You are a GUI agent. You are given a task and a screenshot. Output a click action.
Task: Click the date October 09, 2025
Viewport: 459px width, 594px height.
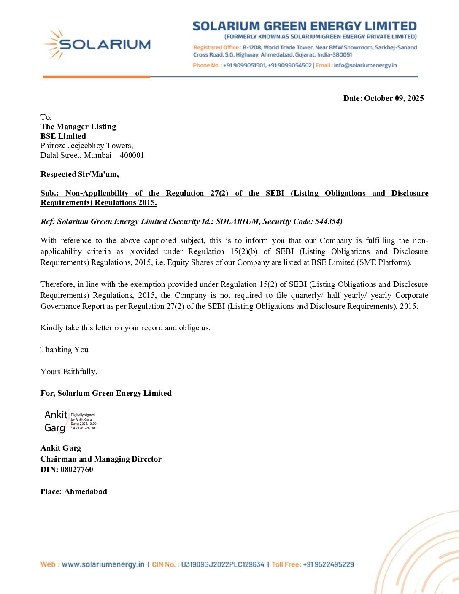point(394,98)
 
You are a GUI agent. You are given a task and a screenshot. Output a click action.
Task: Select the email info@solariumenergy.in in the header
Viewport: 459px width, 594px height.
point(365,65)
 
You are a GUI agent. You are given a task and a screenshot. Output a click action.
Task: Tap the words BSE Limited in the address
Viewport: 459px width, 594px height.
point(63,136)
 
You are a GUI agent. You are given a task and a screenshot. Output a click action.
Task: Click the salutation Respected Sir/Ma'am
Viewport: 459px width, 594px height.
point(79,174)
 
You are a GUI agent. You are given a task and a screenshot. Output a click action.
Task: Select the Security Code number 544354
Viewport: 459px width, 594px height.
point(328,221)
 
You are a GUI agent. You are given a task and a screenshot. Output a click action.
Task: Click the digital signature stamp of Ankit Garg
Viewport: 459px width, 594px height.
point(70,421)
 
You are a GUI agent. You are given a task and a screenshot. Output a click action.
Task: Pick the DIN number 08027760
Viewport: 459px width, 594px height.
point(77,470)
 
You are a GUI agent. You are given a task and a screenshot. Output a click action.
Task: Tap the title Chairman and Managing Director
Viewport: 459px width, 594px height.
point(101,459)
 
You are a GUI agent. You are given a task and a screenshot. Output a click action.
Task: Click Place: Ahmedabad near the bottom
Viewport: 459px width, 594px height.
point(74,491)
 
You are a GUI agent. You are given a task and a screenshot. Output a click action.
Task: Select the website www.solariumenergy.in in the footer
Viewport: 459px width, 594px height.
point(103,564)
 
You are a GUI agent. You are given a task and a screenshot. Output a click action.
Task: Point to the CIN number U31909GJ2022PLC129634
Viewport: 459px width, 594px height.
point(222,564)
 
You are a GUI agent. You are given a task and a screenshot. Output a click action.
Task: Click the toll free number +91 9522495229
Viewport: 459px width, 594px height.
point(328,564)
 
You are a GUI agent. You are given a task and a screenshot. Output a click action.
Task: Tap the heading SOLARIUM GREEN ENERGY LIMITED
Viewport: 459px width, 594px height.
point(305,26)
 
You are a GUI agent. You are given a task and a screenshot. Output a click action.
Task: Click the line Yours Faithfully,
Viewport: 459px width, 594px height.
point(69,372)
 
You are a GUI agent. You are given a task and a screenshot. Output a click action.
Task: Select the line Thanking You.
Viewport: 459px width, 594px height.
point(65,350)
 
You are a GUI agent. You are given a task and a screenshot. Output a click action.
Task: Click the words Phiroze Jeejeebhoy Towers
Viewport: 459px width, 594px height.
point(86,146)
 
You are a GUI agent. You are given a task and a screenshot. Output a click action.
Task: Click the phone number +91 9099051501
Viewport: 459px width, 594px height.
point(245,65)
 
